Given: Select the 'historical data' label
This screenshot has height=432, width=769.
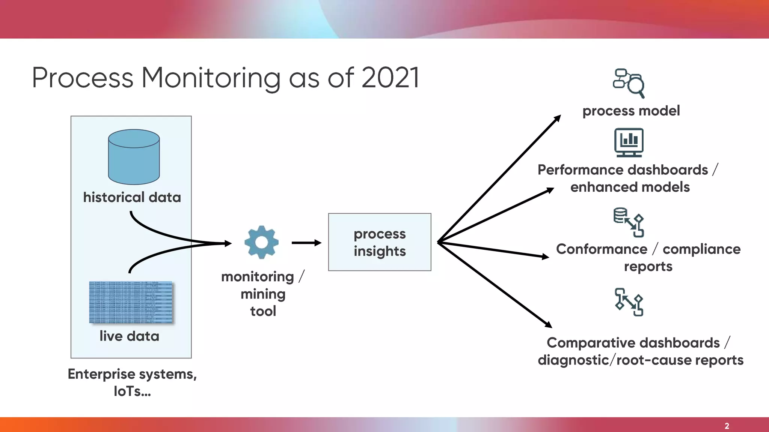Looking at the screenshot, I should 132,197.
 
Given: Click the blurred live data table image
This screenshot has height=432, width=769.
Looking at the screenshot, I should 131,302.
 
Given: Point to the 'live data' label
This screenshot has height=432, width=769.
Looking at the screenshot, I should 129,336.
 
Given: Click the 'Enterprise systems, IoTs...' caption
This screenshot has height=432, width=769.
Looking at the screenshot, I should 132,382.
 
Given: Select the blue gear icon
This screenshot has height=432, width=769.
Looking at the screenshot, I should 261,242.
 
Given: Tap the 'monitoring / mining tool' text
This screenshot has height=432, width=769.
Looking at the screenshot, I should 263,294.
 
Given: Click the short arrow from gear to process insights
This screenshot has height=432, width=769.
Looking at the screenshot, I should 306,243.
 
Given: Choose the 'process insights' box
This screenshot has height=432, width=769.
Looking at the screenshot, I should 380,242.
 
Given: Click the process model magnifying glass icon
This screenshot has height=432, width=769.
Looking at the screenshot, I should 629,83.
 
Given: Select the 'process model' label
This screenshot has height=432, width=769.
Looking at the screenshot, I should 631,111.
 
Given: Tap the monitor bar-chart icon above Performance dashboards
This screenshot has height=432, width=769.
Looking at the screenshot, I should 629,142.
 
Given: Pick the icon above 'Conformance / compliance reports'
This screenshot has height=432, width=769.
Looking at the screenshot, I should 629,222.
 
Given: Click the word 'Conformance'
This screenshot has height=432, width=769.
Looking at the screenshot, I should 602,249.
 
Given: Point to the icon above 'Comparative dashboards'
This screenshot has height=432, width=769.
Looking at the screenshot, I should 629,302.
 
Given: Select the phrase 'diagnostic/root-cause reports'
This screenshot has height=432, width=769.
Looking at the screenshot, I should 640,360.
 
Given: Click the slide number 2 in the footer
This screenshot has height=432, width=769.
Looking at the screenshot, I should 727,426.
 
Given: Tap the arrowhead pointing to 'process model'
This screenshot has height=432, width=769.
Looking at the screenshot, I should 558,118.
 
